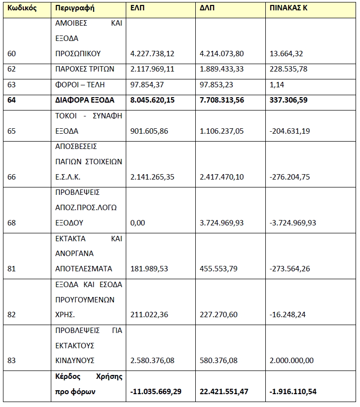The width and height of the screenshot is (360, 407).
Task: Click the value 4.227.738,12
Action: (152, 53)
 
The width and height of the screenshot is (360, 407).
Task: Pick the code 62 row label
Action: (12, 69)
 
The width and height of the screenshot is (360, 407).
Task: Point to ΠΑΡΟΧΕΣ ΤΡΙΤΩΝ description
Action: (85, 69)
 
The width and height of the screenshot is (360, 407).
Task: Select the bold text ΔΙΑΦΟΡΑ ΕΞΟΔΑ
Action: (85, 100)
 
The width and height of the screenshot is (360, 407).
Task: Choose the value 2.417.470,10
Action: (222, 177)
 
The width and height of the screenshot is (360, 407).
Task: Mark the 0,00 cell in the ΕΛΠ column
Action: (138, 223)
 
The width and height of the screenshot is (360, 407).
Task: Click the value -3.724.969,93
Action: (293, 223)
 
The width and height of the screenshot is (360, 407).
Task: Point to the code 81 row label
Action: (12, 269)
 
